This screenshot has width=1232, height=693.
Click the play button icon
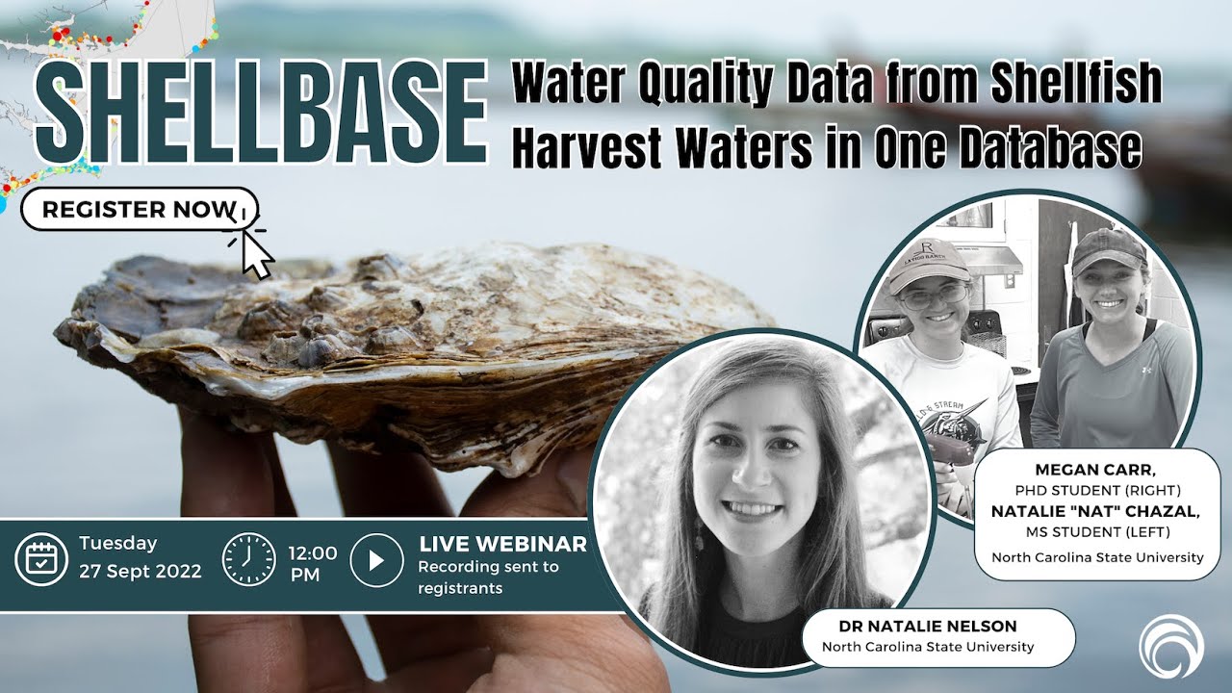(376, 559)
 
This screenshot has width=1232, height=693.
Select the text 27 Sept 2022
(141, 571)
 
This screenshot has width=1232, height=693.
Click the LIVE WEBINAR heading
(502, 544)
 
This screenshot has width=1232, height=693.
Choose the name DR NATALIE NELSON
(928, 626)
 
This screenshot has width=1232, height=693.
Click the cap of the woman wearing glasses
(928, 262)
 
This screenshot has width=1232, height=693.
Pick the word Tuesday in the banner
(118, 544)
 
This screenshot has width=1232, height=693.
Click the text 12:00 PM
(313, 563)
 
